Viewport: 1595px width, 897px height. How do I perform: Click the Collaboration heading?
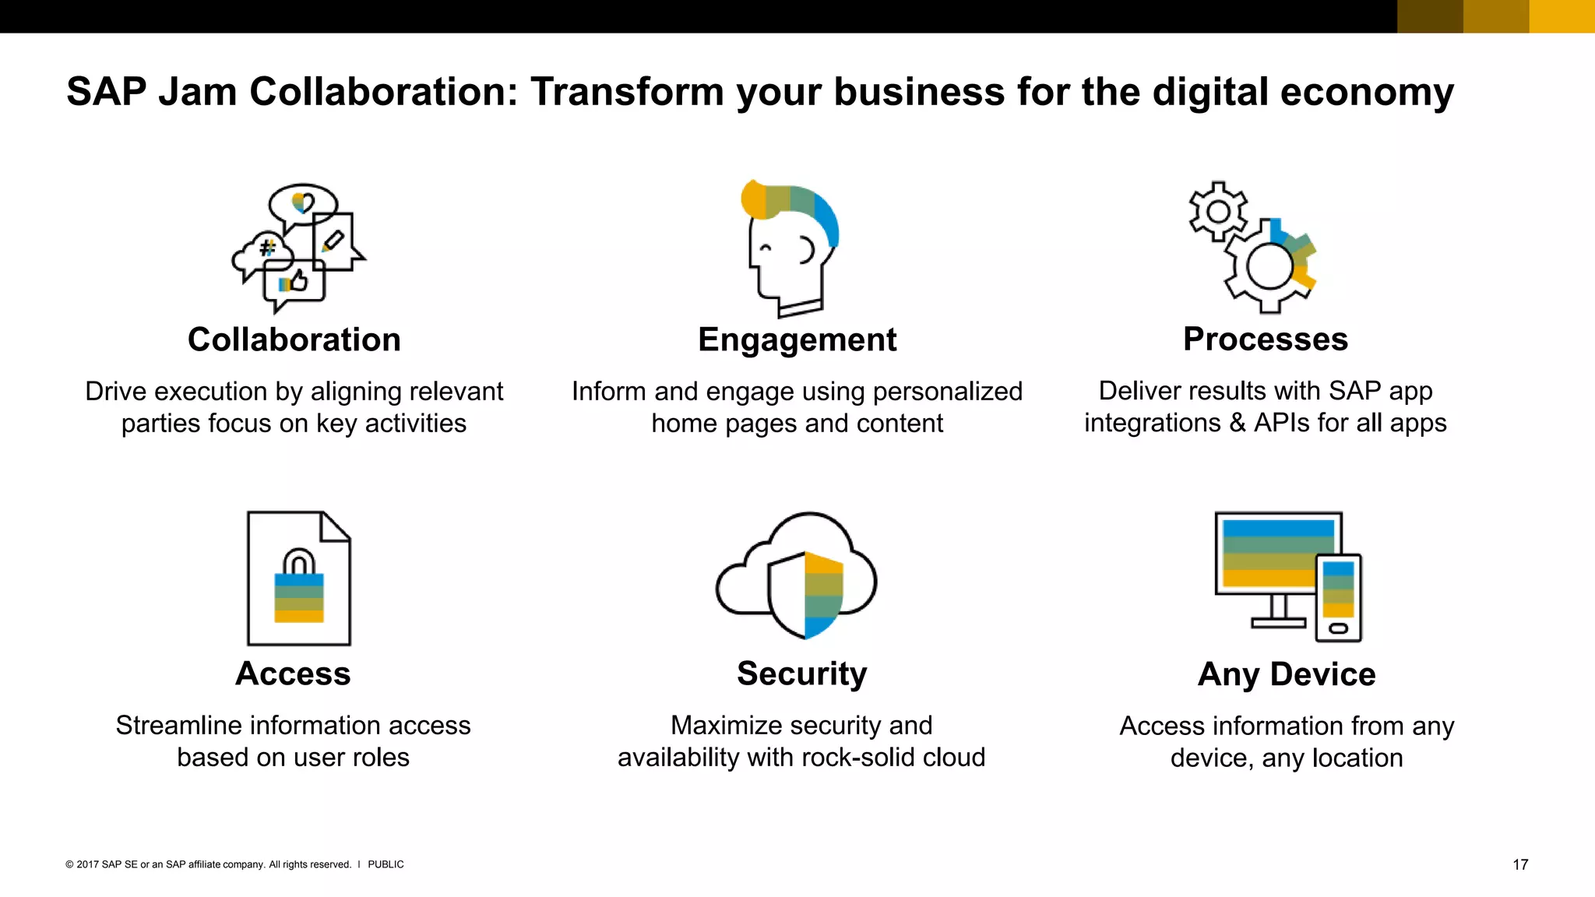click(294, 339)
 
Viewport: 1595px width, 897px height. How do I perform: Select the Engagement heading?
click(797, 339)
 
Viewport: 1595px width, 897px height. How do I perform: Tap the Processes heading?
click(1265, 339)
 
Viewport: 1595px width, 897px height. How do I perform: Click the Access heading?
click(293, 674)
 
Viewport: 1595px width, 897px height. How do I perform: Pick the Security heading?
click(801, 674)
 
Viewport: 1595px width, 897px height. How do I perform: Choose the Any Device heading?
click(1287, 674)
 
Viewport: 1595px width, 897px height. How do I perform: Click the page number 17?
click(1519, 864)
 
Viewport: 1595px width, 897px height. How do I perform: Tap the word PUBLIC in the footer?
click(386, 864)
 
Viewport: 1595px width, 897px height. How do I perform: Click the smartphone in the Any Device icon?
click(1338, 597)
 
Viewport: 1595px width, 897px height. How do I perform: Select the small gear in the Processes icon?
click(1218, 212)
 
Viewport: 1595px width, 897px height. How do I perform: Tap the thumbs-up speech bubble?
click(294, 283)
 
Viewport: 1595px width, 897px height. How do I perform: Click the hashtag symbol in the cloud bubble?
click(267, 248)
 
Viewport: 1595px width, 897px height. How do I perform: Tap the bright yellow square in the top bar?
click(1562, 16)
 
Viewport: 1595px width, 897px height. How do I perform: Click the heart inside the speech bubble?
click(303, 203)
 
